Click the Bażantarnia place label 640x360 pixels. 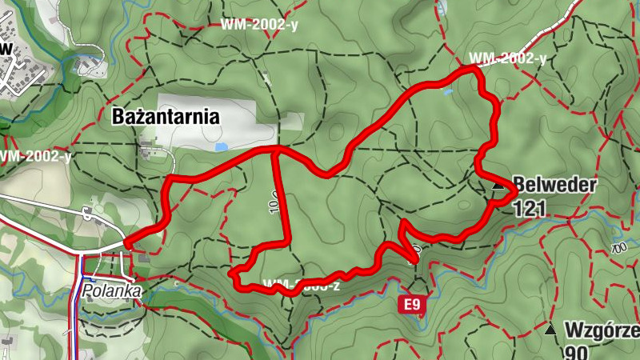coord(166,117)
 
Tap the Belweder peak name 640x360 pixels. coord(556,185)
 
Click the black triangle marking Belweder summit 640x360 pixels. coord(499,186)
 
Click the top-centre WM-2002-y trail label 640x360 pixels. coord(259,24)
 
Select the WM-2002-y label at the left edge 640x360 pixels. coord(36,156)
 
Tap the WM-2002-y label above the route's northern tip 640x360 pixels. coord(507,58)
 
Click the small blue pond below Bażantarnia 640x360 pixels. coord(221,147)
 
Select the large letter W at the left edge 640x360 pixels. coord(6,49)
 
